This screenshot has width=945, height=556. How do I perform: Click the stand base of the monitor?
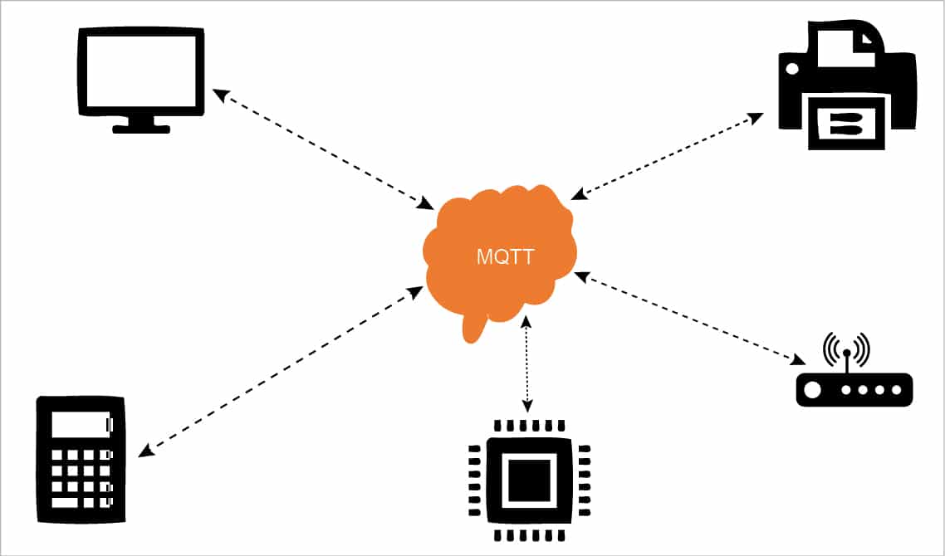coord(141,129)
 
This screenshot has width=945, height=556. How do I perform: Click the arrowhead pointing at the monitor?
coord(218,93)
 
